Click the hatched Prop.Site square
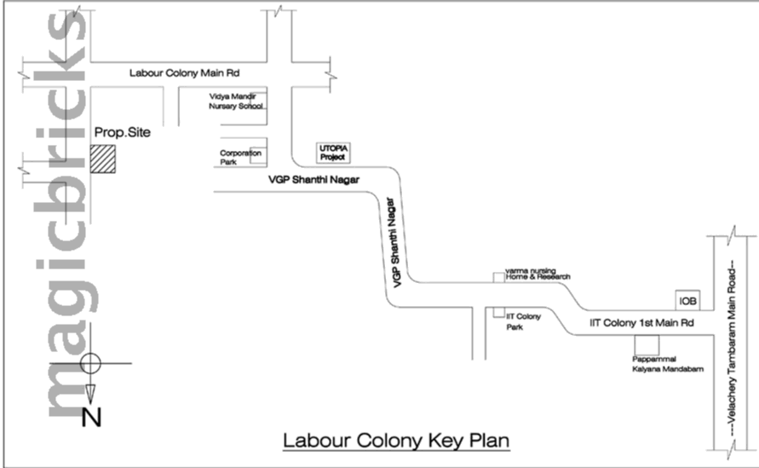(104, 159)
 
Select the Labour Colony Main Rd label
(184, 74)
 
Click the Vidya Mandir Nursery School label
(237, 103)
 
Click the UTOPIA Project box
(333, 153)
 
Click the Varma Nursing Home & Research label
(536, 274)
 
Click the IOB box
(687, 301)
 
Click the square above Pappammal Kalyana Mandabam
(648, 345)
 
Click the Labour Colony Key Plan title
(395, 442)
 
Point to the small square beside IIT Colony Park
(497, 313)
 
